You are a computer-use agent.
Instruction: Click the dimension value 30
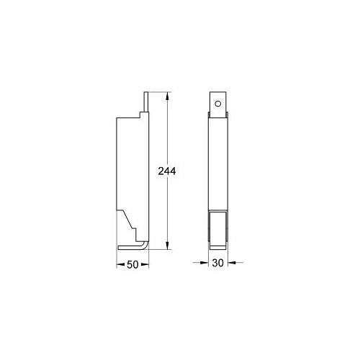coord(217,264)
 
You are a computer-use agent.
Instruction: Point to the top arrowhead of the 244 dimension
coord(168,94)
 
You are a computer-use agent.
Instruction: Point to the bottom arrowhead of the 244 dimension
coord(168,245)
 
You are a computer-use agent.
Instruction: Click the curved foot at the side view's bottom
coord(144,246)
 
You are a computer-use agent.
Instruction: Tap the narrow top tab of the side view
coord(146,102)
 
